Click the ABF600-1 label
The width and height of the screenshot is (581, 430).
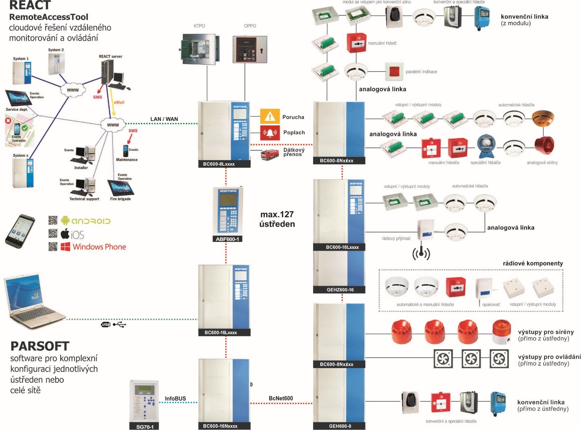coord(227,239)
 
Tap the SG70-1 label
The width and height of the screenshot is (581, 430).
coord(145,427)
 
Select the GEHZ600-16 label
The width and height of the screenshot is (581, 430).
coord(340,289)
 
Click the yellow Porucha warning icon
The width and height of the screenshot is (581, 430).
coord(270,116)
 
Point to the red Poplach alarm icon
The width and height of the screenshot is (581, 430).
coord(270,133)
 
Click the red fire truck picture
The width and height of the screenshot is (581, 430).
coord(270,154)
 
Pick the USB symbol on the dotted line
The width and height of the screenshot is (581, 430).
coord(113,324)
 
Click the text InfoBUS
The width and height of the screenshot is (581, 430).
coord(175,399)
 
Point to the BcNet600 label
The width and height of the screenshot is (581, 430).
coord(281,398)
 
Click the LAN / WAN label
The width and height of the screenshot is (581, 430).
coord(164,119)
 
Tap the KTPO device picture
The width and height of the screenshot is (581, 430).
coord(200,49)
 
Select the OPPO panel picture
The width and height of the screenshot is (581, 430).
coord(249,49)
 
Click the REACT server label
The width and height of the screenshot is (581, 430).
coord(111,56)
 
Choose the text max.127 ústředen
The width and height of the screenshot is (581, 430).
coord(277,219)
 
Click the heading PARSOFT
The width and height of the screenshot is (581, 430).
coord(40,346)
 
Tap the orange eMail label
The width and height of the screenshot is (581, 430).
coord(119,102)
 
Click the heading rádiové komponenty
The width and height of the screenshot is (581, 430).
coord(532,263)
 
